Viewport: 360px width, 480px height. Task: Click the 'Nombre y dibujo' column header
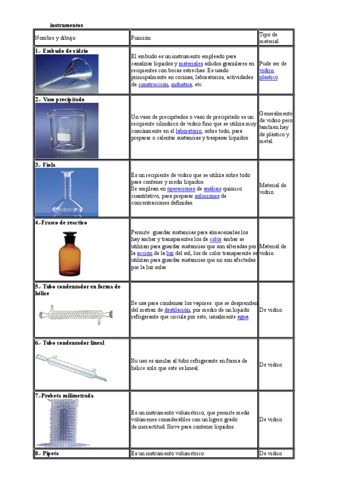[x=55, y=37]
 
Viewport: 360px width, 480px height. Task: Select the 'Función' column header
[x=141, y=37]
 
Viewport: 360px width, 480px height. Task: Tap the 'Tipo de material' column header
[x=269, y=37]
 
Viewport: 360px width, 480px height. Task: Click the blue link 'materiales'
[x=191, y=63]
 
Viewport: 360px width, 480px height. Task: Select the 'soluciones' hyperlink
[x=207, y=196]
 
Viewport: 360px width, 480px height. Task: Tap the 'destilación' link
[x=177, y=310]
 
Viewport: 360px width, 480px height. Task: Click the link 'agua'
[x=243, y=316]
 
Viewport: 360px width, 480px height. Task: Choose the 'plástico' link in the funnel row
[x=268, y=77]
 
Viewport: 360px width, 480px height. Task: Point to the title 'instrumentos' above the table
[x=67, y=25]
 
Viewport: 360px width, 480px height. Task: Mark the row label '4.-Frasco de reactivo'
[x=61, y=223]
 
